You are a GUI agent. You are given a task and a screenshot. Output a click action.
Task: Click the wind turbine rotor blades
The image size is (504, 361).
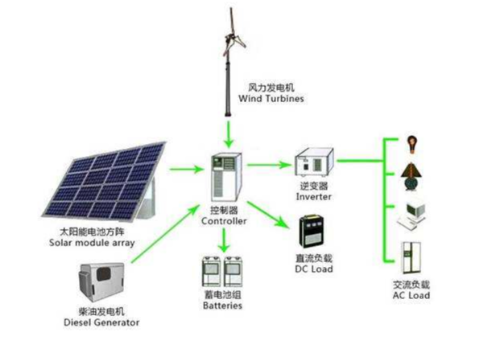(x=228, y=33)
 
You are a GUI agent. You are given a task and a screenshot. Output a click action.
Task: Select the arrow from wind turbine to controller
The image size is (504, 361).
(x=229, y=128)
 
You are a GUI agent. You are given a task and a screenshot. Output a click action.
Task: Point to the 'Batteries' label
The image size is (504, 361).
(x=221, y=306)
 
